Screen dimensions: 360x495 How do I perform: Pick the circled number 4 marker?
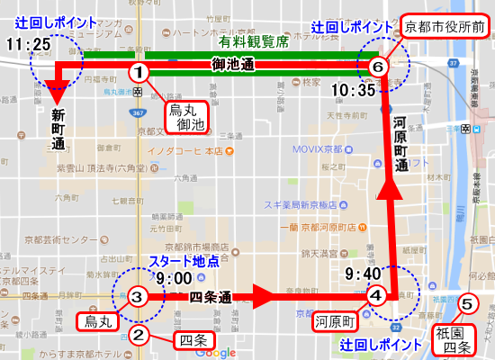point(377,293)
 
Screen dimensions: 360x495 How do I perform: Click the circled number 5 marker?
point(465,304)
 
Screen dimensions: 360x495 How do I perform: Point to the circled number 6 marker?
point(378,67)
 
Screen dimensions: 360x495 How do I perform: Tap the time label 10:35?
point(353,90)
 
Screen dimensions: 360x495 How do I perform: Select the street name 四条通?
point(212,297)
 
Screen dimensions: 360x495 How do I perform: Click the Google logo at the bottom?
point(215,352)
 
